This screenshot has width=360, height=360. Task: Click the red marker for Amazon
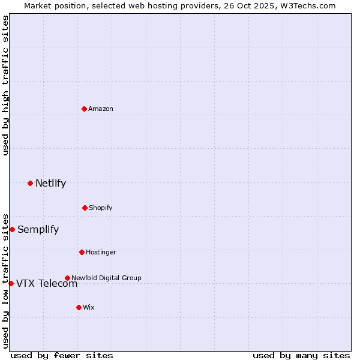(x=85, y=109)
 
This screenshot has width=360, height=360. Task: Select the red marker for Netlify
(x=31, y=183)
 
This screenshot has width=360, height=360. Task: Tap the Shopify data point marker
(x=85, y=208)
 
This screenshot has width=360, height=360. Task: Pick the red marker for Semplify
(x=12, y=229)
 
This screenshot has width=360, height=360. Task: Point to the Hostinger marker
(x=82, y=252)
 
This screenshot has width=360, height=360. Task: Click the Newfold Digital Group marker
(x=67, y=278)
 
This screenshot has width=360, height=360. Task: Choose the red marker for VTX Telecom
(x=11, y=283)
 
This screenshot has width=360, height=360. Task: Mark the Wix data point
(x=79, y=307)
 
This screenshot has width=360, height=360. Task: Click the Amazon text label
(x=101, y=109)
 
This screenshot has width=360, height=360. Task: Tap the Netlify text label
(x=50, y=183)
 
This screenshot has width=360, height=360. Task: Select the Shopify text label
(x=101, y=208)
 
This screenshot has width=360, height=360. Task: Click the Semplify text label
(x=38, y=229)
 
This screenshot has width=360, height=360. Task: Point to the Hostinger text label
(x=101, y=252)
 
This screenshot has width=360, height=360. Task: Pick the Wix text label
(x=89, y=307)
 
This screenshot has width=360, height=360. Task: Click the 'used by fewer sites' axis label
(x=62, y=355)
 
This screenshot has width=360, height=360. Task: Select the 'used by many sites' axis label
(x=301, y=355)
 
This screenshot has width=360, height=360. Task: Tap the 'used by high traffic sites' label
(x=5, y=85)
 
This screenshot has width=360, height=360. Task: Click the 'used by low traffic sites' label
(x=5, y=281)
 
